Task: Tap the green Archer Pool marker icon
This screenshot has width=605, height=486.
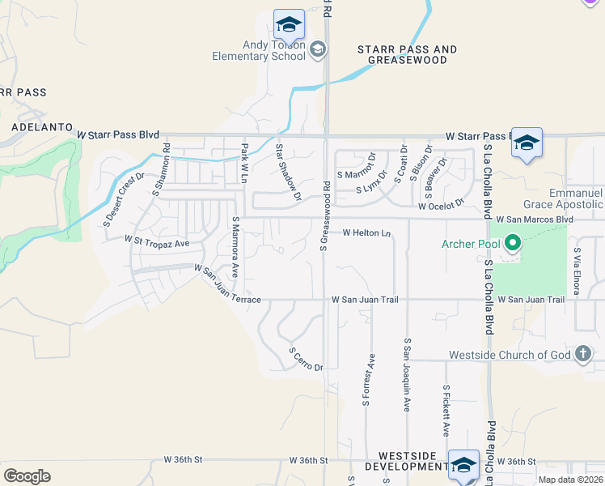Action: click(x=511, y=243)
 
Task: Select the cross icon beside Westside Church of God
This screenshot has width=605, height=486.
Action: click(x=582, y=354)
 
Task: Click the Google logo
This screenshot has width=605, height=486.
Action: click(x=27, y=476)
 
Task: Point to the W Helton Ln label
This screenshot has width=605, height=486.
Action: click(x=367, y=233)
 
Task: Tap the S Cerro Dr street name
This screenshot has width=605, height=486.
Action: click(x=307, y=360)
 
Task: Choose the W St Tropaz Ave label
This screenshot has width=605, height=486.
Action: click(x=156, y=241)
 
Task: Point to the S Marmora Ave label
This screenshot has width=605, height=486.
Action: click(x=236, y=247)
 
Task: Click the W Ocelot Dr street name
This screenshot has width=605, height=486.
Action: click(x=441, y=206)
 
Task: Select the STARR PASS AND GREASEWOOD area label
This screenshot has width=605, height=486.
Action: click(x=407, y=55)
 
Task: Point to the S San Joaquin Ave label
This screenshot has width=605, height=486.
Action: click(x=408, y=377)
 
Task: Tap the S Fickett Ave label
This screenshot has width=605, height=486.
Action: click(x=446, y=411)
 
